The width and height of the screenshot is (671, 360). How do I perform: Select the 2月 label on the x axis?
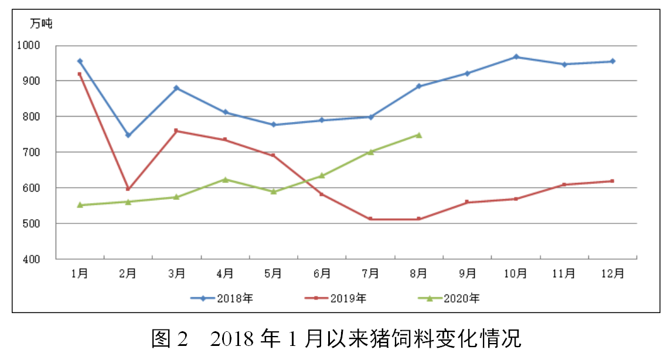point(128,273)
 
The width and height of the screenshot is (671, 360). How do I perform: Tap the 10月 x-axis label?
point(516,273)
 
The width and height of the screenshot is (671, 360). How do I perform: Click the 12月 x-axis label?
point(612,273)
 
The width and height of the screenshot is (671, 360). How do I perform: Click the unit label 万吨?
point(41,24)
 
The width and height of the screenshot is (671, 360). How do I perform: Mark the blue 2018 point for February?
point(128,135)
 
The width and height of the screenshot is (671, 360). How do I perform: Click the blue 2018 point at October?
point(516,57)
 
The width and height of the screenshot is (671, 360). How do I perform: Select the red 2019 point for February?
point(128,189)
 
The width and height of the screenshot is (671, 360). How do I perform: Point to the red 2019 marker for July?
point(370,219)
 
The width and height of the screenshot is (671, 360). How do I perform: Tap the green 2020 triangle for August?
point(418,135)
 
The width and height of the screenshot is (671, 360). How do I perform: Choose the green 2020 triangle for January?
point(80,205)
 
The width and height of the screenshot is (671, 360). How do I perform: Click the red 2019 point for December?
point(612,181)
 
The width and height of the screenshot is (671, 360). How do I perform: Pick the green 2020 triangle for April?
point(225,179)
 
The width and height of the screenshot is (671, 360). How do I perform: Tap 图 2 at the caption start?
point(169,339)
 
